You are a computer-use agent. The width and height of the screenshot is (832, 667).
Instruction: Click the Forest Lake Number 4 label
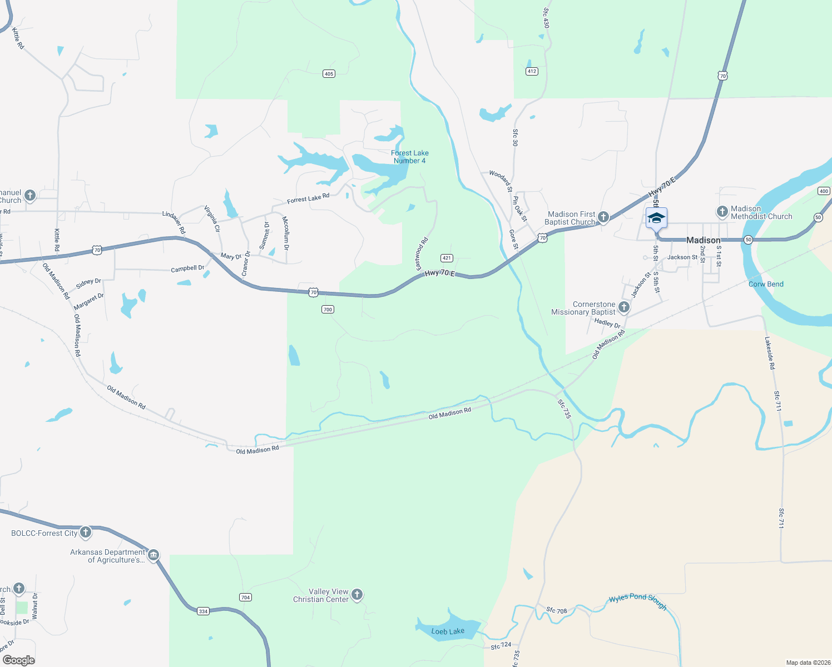[x=409, y=157]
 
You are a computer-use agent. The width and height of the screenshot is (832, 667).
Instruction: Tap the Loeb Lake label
[x=448, y=631]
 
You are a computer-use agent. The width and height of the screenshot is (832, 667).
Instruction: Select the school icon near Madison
[x=656, y=218]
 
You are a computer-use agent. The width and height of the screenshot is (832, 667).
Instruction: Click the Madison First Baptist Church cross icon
[x=603, y=218]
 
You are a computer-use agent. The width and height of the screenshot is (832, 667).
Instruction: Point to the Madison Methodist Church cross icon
[x=722, y=212]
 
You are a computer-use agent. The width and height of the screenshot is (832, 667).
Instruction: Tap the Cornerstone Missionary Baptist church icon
[x=624, y=307]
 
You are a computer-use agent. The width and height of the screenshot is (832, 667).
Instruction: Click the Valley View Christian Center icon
[x=357, y=595]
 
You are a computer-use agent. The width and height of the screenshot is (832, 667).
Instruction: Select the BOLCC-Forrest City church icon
[x=85, y=532]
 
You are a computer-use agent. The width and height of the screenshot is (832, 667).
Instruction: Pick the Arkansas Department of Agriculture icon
[x=153, y=555]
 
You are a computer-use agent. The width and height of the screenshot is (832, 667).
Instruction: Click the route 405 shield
[x=329, y=74]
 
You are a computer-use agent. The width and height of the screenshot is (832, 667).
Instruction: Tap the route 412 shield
[x=532, y=71]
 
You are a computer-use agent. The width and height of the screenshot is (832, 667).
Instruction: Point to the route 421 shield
[x=447, y=258]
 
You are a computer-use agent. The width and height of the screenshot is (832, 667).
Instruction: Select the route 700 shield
[x=328, y=310]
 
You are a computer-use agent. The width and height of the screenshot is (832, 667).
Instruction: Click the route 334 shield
[x=203, y=611]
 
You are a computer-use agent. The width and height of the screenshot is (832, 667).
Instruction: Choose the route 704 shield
[x=245, y=598]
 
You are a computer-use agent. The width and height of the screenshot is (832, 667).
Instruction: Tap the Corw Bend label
[x=766, y=284]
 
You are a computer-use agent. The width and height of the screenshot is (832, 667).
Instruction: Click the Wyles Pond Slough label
[x=637, y=601]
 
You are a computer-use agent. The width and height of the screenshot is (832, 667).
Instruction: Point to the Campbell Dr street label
[x=187, y=268]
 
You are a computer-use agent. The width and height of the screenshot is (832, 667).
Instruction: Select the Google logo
[x=18, y=660]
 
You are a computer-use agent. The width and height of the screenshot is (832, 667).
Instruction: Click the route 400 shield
[x=824, y=191]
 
